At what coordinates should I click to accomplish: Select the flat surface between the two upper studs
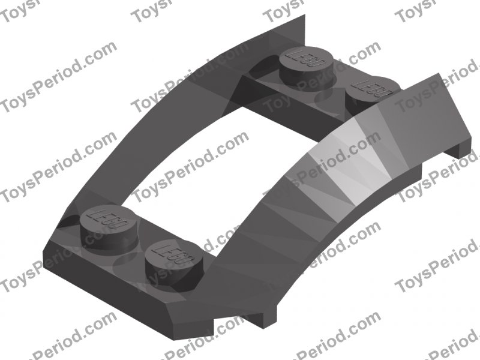point(336,81)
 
